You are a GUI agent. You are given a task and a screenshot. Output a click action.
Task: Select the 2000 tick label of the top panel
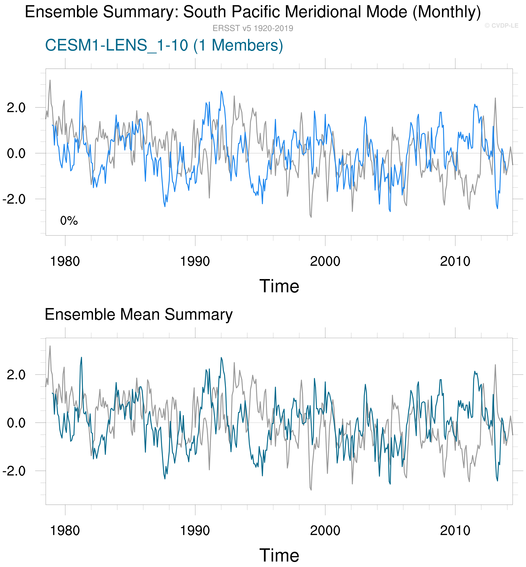(x=325, y=261)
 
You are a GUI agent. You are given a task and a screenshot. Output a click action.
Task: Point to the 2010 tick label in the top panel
(x=455, y=261)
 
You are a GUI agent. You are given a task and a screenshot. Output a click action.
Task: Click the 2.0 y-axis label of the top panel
(x=16, y=108)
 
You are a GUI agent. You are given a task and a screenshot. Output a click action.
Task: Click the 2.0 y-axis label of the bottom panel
(x=16, y=375)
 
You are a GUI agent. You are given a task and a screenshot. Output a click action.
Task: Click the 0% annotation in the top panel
(x=69, y=221)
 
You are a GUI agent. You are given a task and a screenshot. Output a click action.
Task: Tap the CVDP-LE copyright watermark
(x=502, y=26)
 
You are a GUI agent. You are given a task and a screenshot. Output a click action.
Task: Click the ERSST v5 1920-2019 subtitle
(x=253, y=28)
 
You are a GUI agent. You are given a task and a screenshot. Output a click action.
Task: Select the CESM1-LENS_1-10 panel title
(x=164, y=45)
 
